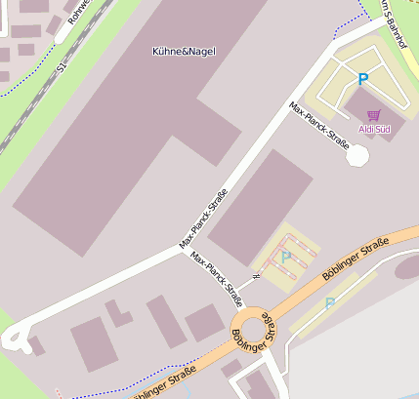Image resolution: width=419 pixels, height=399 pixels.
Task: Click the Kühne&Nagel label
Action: point(185,51)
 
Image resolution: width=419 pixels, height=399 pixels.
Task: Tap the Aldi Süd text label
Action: point(374,129)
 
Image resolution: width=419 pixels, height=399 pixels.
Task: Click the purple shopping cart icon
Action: point(373,115)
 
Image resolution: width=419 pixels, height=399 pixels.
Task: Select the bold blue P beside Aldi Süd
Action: point(363,79)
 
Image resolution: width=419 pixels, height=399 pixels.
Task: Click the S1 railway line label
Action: point(62,67)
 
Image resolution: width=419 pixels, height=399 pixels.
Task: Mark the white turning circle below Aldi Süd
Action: point(358,154)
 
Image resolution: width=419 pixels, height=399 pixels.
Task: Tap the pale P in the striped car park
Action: point(285,258)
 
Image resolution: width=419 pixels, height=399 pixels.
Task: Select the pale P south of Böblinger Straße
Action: point(329,303)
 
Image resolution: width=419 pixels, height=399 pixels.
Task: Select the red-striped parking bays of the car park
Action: point(298,249)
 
